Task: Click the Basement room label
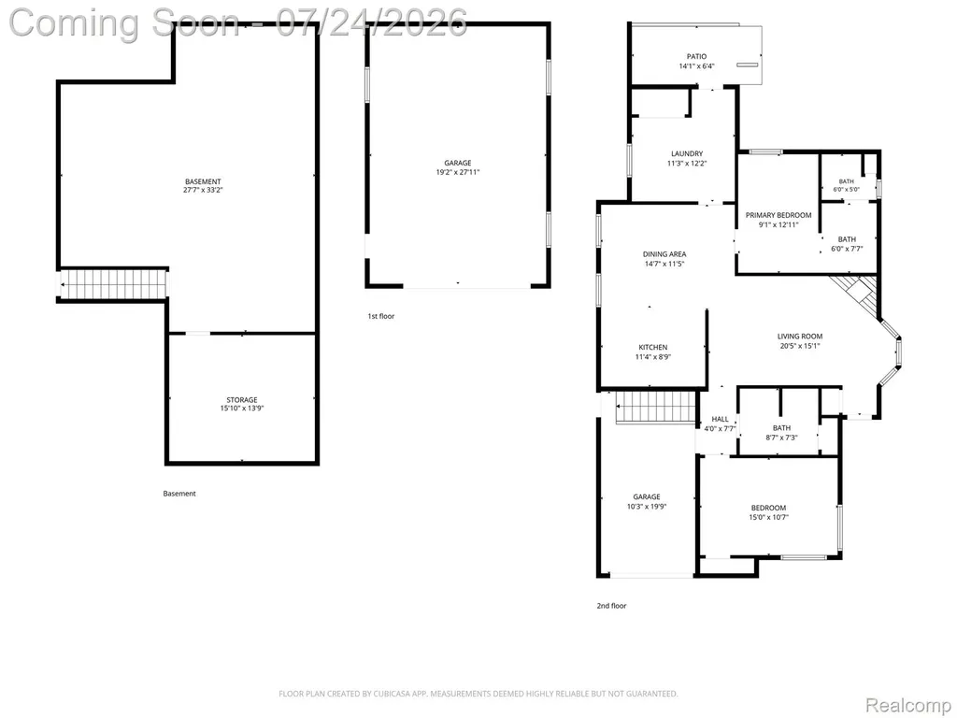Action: (203, 186)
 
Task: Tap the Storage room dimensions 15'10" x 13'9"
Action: (242, 409)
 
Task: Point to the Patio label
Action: (696, 61)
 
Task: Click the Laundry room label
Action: (687, 158)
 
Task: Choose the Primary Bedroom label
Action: (778, 220)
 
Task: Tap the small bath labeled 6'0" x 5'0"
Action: (847, 185)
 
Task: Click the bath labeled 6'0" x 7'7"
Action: (847, 244)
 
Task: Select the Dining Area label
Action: (664, 259)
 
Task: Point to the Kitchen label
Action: (653, 352)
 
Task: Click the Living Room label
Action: (800, 340)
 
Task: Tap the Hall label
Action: (721, 424)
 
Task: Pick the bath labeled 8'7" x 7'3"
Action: (781, 432)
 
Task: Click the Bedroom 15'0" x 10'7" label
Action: (768, 512)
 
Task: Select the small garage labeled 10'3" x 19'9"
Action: (647, 501)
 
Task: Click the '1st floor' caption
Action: (381, 316)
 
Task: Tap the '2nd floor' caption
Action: (611, 606)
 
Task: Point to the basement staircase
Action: (113, 284)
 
